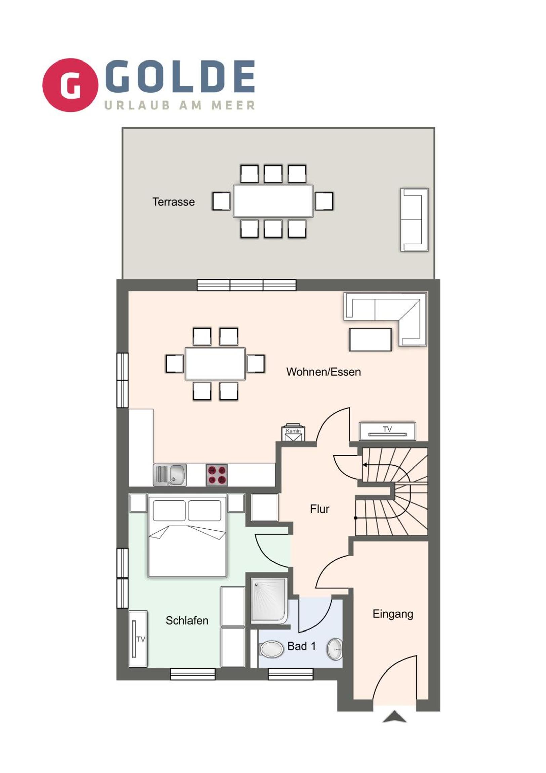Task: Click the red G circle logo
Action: (70, 85)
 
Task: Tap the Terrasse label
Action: (173, 202)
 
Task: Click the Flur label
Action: (320, 509)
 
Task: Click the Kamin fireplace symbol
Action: (293, 432)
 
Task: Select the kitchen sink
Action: (170, 475)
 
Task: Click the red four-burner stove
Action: (217, 475)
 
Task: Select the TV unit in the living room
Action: (387, 431)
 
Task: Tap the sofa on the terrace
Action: (414, 220)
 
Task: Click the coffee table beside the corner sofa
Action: (370, 340)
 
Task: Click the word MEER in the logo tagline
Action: (233, 106)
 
